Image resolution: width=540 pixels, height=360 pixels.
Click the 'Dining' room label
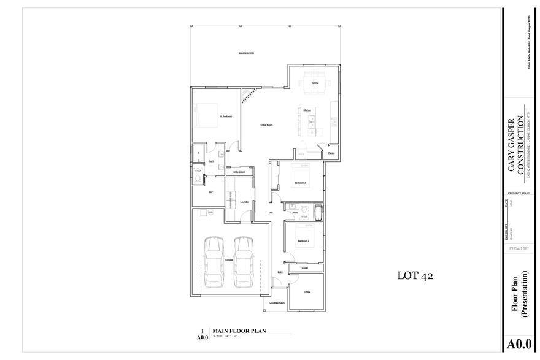[315, 83]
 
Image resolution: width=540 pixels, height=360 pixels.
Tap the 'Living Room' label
[266, 125]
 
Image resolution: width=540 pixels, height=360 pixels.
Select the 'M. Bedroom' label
[225, 116]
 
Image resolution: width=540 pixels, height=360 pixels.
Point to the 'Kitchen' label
[307, 110]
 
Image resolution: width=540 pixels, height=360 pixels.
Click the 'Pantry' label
[331, 153]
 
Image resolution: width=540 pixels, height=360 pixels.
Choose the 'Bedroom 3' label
[300, 183]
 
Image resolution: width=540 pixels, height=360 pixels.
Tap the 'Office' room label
[307, 292]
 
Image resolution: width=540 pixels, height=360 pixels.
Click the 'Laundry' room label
[244, 201]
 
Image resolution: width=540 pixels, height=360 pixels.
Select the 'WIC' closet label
[210, 192]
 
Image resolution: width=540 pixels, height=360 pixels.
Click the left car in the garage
[214, 261]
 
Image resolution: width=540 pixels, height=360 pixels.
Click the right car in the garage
[244, 261]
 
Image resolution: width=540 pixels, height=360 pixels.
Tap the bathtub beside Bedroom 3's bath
[318, 213]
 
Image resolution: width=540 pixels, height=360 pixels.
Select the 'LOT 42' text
[415, 276]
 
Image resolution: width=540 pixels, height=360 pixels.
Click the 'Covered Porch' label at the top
[247, 53]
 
